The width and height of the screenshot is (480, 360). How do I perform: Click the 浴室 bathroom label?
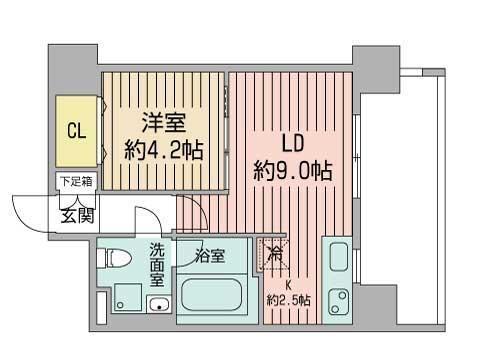tap(210, 256)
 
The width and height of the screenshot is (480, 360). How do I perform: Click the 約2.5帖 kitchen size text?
tap(288, 299)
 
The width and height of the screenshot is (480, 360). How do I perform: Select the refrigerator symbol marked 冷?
tap(275, 254)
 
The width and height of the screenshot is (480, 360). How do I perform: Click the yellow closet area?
tap(76, 131)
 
